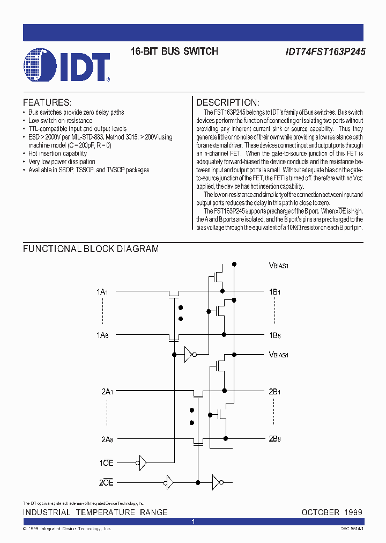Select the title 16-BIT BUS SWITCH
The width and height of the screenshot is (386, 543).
point(174,52)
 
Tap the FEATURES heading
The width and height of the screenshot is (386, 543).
point(47,102)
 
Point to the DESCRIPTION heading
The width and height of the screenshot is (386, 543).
point(228,102)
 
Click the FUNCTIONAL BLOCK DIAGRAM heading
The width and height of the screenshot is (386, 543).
point(91,249)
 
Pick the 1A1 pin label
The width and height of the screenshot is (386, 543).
point(102,292)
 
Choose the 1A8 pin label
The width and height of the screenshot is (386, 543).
point(102,335)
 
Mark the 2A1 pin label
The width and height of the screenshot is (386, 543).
point(107,392)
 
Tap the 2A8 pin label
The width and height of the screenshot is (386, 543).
point(107,439)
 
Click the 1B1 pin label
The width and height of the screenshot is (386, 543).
point(274,292)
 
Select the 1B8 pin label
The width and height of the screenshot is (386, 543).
point(274,335)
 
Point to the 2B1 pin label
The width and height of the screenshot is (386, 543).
point(274,392)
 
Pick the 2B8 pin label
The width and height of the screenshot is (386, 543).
point(274,438)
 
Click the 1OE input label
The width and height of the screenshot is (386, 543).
point(107,463)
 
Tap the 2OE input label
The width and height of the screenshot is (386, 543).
point(107,482)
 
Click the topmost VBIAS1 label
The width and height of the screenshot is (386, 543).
point(279,265)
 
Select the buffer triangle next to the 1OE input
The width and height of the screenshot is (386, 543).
point(142,463)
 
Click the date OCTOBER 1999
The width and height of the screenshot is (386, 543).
point(332,512)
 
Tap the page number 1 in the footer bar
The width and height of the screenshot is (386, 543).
point(193,522)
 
